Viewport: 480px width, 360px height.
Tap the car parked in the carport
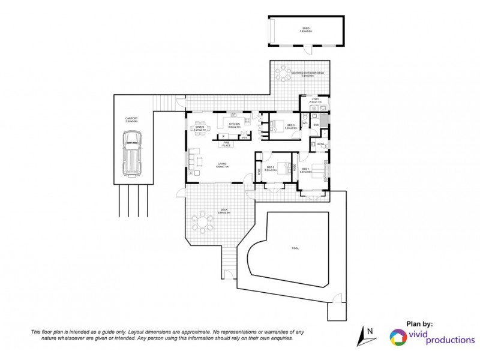point(132,154)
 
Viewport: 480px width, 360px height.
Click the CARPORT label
point(131,119)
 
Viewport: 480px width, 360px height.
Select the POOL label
point(294,248)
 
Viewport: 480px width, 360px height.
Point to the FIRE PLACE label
point(227,143)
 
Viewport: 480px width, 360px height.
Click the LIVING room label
point(221,165)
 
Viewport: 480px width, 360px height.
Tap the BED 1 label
point(306,170)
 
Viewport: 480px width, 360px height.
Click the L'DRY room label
point(315,101)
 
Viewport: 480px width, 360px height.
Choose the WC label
point(305,124)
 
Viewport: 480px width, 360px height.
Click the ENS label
point(316,125)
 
